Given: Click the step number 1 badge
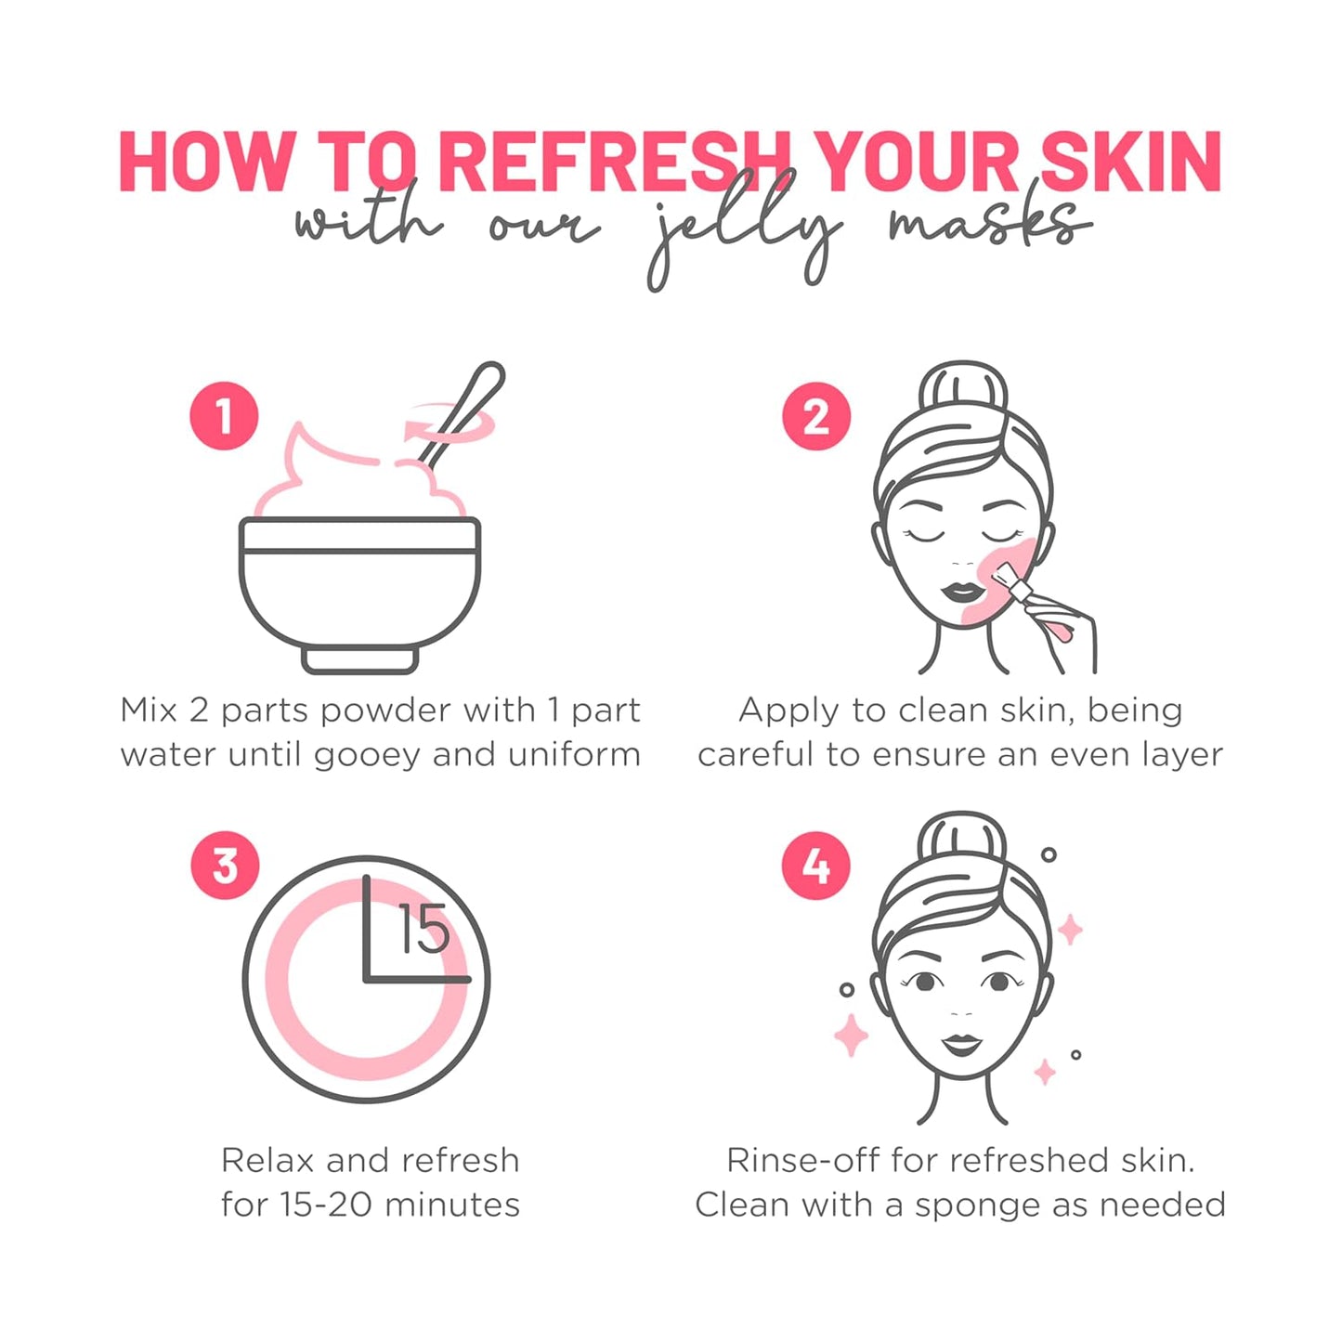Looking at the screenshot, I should (x=224, y=416).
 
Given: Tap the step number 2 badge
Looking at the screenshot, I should (x=815, y=416).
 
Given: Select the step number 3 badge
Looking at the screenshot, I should (x=225, y=865).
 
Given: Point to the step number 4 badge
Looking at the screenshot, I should (x=815, y=865).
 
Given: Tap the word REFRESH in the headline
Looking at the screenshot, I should (x=613, y=163).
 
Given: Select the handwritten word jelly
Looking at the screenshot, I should (x=743, y=232).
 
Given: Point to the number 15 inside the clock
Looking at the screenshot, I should (x=423, y=930).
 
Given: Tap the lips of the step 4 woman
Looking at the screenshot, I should (x=962, y=1044).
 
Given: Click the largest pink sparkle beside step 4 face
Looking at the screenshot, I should (x=851, y=1035).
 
